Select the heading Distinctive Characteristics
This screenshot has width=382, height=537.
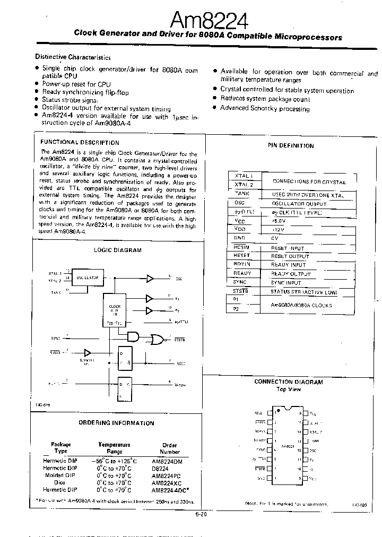pyautogui.click(x=73, y=57)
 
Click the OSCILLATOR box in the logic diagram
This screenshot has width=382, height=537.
pyautogui.click(x=88, y=278)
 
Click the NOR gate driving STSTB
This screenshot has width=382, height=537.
pyautogui.click(x=157, y=338)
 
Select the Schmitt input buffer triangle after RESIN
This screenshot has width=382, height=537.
pyautogui.click(x=88, y=352)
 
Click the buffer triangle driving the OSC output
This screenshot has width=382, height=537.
pyautogui.click(x=151, y=278)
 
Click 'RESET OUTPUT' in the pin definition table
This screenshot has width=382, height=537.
pyautogui.click(x=290, y=256)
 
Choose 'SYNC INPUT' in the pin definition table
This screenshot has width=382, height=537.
pyautogui.click(x=285, y=283)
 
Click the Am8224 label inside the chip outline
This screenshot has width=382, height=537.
pyautogui.click(x=288, y=447)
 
